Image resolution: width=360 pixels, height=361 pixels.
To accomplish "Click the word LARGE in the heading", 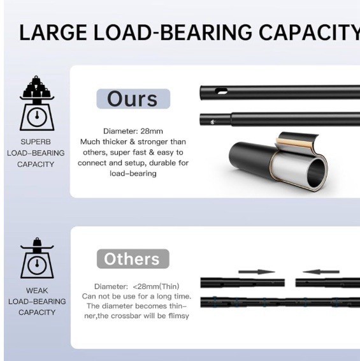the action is [x=54, y=32].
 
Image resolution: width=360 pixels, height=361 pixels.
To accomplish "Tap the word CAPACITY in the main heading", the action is [x=310, y=32].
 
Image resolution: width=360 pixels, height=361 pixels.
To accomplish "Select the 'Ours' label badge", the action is [x=133, y=99].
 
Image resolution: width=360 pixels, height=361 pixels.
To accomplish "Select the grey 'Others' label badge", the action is [x=133, y=259].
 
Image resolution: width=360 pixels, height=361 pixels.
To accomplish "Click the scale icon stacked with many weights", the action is [x=37, y=103].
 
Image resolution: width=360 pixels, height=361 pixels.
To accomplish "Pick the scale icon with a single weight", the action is [x=37, y=258].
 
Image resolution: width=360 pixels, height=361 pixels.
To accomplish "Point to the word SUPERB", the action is [x=36, y=142].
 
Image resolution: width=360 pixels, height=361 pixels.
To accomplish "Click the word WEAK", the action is [x=37, y=291].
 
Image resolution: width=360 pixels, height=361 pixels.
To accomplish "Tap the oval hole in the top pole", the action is [x=221, y=91].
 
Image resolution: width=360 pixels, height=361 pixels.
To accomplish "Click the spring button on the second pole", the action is [x=213, y=122].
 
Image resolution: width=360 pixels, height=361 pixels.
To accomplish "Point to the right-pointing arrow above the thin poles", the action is [x=257, y=272].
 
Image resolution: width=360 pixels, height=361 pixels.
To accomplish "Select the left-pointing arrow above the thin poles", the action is [x=321, y=272].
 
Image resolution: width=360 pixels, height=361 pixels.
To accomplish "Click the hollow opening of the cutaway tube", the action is [x=317, y=173].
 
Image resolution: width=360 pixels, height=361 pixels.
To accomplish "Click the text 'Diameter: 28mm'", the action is [x=133, y=131].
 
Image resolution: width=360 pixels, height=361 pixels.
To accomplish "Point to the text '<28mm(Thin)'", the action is [x=156, y=286].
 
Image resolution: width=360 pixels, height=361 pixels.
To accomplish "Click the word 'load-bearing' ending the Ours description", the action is [x=133, y=173].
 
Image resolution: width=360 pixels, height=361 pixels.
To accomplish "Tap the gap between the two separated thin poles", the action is [x=290, y=283].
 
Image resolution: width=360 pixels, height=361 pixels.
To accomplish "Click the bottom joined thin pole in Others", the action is [x=280, y=302].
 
